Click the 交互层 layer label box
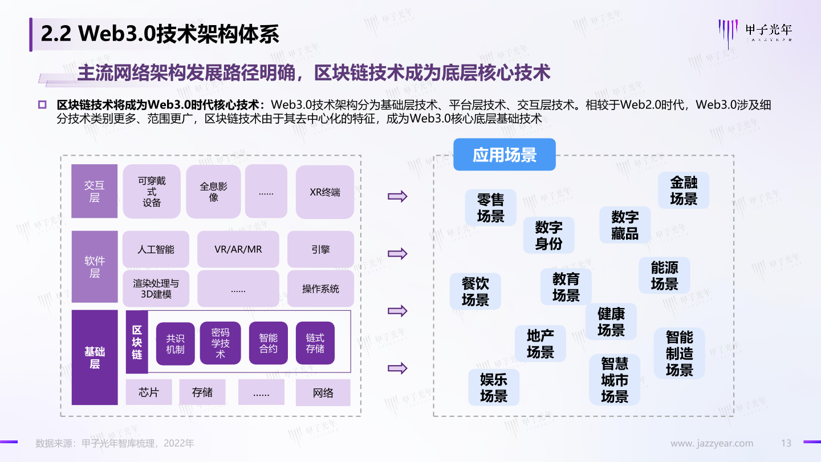tap(94, 191)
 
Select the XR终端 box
tap(324, 192)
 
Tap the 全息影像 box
tap(213, 192)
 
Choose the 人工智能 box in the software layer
tap(156, 249)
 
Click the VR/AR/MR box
tap(238, 249)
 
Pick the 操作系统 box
tap(320, 289)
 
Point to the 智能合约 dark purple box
tap(269, 343)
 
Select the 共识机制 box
tap(175, 343)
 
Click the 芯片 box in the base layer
tap(148, 392)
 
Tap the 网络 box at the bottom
tap(323, 392)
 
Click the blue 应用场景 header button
tap(504, 155)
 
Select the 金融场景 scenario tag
tap(684, 191)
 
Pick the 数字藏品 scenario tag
tap(624, 225)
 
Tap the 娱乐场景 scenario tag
tap(494, 387)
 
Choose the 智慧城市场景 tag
tap(615, 380)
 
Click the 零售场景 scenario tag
tap(490, 208)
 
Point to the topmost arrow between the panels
tap(397, 197)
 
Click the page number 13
tap(786, 443)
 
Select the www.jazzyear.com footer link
tap(712, 443)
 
